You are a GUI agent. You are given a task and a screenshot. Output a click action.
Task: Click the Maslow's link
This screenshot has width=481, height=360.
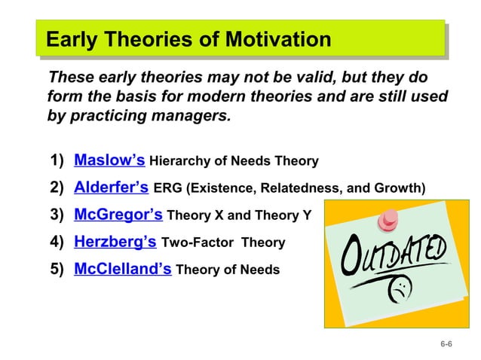pos(109,160)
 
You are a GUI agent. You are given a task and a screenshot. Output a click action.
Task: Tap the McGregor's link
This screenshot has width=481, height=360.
pos(118,215)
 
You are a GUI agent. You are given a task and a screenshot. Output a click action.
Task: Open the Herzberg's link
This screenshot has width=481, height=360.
pos(115,242)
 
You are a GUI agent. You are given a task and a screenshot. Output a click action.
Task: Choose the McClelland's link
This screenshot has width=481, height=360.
pos(123,269)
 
